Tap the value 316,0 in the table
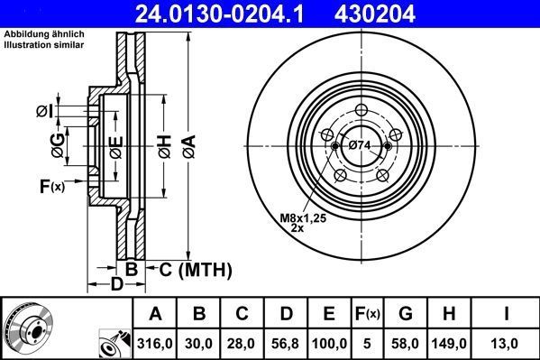point(155,344)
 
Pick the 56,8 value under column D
point(285,344)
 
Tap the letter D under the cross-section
point(115,286)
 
